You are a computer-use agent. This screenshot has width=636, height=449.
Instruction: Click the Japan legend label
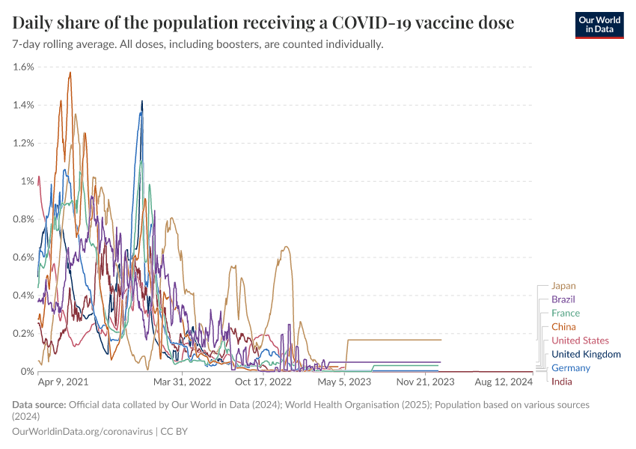pos(563,285)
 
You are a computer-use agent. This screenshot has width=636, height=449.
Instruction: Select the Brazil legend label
pos(563,299)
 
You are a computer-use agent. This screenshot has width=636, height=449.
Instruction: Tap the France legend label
pos(565,313)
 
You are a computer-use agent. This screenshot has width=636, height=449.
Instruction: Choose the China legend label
pos(563,327)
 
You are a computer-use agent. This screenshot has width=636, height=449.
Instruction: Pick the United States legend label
pos(580,340)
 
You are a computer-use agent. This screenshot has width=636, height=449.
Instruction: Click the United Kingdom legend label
pos(586,354)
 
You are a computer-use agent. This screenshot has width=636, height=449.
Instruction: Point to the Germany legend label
pos(570,367)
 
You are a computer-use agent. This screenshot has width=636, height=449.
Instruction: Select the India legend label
pos(561,382)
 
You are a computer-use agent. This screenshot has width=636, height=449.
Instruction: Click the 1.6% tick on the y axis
pos(24,67)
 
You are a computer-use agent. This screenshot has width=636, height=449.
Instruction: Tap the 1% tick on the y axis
pos(28,181)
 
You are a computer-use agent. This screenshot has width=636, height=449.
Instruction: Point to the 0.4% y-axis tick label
pos(24,295)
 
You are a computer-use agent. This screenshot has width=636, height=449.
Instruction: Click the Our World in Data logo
pos(599,25)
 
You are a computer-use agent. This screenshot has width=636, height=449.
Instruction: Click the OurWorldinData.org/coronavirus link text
pos(82,432)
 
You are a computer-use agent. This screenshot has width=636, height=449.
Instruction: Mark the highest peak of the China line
pos(70,73)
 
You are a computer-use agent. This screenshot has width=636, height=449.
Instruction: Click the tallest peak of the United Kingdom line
pos(142,101)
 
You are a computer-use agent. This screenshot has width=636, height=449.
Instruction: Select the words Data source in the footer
pos(38,405)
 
